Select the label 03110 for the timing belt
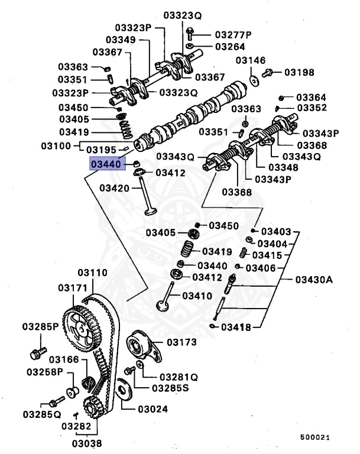click(x=91, y=273)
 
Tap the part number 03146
click(x=251, y=60)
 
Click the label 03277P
click(x=233, y=34)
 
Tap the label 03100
click(x=56, y=145)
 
